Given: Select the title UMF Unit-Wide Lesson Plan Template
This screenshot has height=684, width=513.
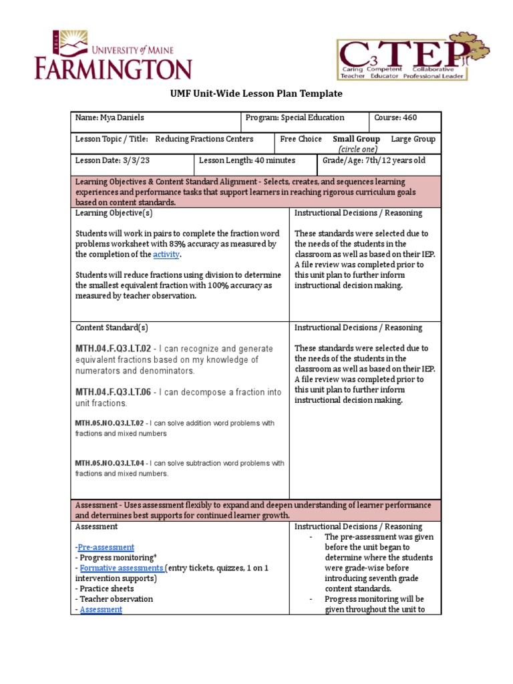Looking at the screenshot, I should (x=256, y=94).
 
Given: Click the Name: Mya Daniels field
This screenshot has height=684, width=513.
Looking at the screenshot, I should (x=110, y=118).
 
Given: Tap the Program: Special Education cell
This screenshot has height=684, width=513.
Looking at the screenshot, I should (x=295, y=118).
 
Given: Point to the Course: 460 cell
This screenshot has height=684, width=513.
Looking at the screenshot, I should (x=395, y=118).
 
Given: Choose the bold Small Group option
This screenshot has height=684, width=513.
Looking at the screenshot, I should (x=356, y=139).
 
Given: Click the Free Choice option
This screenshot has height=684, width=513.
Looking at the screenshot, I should (x=301, y=139).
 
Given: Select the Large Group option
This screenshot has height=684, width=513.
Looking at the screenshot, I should (x=413, y=139).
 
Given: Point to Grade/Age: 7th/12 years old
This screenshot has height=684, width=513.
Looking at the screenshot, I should (x=373, y=161).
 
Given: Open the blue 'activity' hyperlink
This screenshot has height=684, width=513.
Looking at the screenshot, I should (x=166, y=254).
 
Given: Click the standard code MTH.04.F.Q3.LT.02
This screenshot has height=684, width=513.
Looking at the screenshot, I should (x=113, y=349).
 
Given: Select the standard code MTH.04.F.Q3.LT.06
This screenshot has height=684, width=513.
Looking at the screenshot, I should (x=113, y=392).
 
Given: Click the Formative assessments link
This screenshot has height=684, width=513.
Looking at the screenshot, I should (x=121, y=568).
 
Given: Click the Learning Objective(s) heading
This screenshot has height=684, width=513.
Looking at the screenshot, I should (x=114, y=213).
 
